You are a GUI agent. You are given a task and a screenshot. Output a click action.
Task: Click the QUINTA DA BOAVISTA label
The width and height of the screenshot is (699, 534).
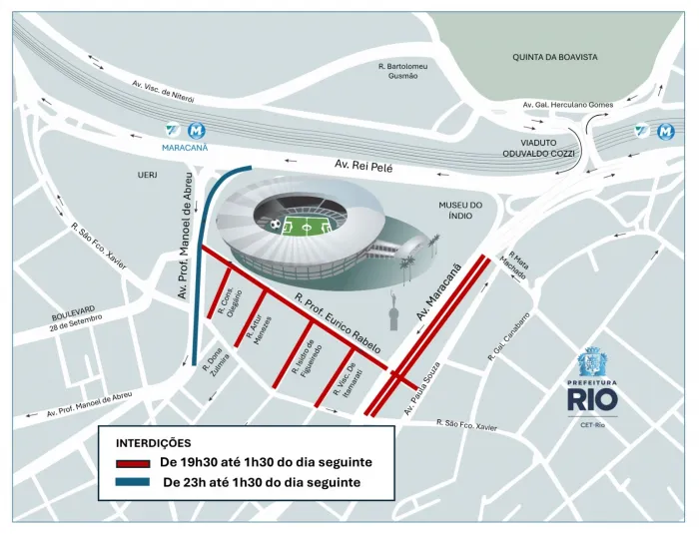(554, 57)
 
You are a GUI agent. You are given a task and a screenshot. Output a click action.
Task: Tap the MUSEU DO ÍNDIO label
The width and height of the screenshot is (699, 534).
(460, 211)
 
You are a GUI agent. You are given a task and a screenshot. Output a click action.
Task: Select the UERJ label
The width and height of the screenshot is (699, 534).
(148, 175)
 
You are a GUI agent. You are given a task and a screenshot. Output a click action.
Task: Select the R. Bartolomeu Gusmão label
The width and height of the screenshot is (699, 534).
(403, 71)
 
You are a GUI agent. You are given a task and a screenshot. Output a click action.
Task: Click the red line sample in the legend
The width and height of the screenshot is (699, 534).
(133, 463)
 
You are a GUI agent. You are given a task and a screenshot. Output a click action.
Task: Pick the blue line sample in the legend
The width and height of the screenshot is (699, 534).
(133, 483)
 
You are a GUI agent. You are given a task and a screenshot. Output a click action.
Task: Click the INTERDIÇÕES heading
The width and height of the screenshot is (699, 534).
(154, 442)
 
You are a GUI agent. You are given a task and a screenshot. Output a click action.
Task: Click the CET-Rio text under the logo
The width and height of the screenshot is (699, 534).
(598, 424)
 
